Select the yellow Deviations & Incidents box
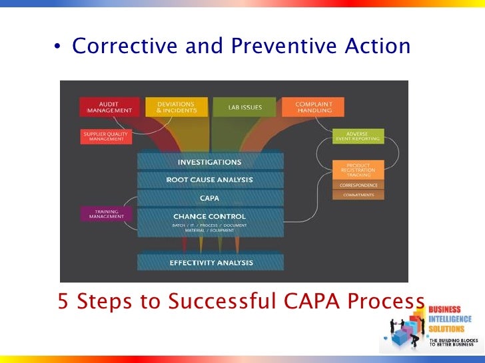point(175,107)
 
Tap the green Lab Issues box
point(244,107)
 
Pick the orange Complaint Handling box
point(313,107)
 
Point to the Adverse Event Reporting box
point(358,136)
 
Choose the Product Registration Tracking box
point(358,170)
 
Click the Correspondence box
point(358,185)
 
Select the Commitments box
point(358,195)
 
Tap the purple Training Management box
point(107,214)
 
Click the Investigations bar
point(210,162)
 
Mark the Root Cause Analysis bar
point(210,180)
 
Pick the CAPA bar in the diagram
point(210,197)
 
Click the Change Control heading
point(210,216)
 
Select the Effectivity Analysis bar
point(211,262)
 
